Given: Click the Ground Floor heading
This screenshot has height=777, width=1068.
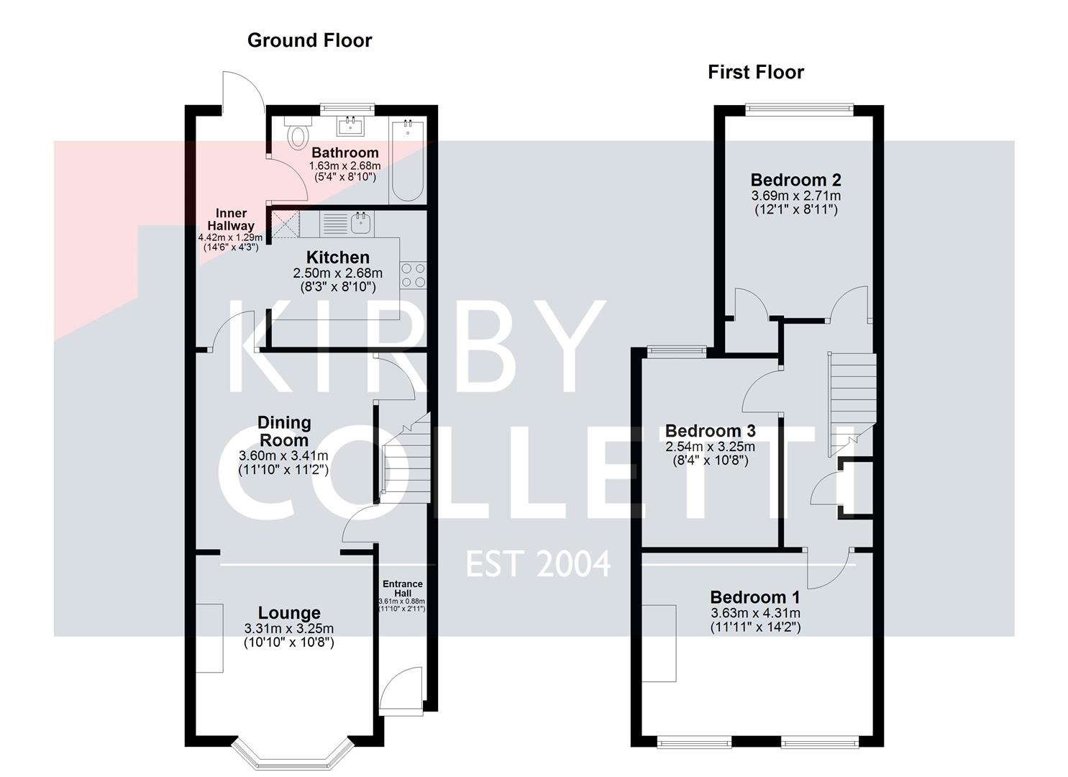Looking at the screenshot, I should coord(309,40).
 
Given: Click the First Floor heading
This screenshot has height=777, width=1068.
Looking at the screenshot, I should coord(756,72).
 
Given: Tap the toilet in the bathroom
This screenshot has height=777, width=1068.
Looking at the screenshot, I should coord(296,132).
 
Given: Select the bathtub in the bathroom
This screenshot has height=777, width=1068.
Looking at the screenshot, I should coord(408,162).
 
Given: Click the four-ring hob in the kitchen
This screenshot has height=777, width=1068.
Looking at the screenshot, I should coord(414,275).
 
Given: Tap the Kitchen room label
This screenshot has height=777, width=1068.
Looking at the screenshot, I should coord(337,258).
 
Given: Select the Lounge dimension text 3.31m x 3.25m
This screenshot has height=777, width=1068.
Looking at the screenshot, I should coord(288,629).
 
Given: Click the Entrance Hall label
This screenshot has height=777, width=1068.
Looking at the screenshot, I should coord(402,589).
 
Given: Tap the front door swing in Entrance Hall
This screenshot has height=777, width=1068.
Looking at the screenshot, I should coord(400,691).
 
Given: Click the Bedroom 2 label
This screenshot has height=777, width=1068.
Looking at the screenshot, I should coord(795,180).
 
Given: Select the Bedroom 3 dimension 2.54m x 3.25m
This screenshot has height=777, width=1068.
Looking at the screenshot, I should coord(710,447).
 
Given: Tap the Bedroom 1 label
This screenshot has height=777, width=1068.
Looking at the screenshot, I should coord(754,597).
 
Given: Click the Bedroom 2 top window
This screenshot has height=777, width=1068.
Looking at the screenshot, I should coord(799,109).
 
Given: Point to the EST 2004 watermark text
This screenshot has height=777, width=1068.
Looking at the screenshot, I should coord(538,563).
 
